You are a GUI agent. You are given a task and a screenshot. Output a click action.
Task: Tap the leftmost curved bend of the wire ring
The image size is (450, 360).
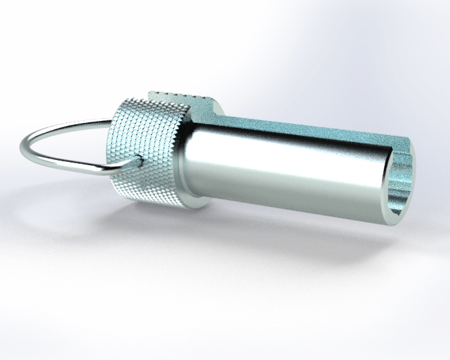24,145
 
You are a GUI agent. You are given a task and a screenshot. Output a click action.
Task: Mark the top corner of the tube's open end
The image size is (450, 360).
408,143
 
